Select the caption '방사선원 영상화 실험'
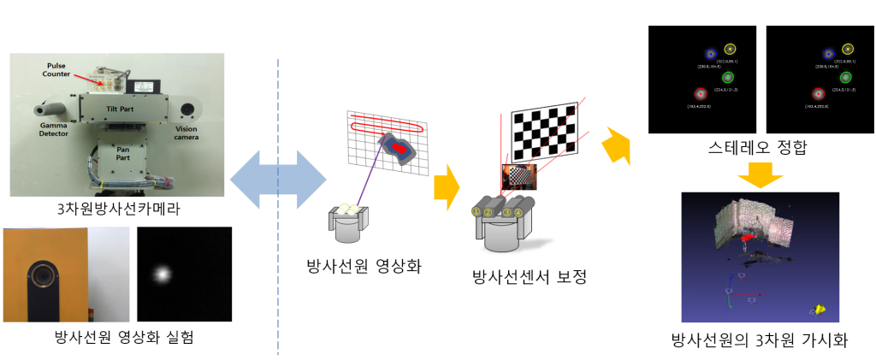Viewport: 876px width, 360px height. coord(117,336)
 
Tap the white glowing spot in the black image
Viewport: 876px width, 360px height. coord(162,274)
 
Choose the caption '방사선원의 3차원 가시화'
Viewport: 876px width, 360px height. coord(759,340)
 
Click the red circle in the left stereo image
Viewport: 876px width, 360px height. coord(700,93)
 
